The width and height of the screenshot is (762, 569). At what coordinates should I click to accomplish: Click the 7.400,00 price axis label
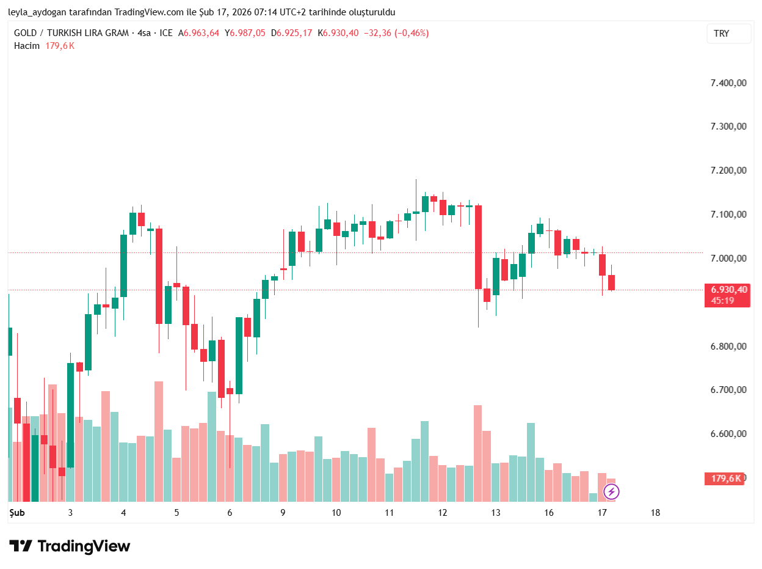tap(728, 83)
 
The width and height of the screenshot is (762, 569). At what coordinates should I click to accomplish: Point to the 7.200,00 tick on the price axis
tap(728, 171)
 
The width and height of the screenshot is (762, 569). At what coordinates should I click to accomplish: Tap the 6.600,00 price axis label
tap(728, 434)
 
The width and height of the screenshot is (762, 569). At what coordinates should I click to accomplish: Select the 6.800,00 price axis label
tap(728, 347)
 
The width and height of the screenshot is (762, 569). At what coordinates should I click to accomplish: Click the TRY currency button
tap(728, 34)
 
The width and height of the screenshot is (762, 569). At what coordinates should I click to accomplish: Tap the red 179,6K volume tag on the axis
tap(725, 479)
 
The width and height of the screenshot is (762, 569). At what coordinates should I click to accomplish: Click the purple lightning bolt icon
tap(611, 491)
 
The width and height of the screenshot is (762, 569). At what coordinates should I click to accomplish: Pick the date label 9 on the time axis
tap(283, 513)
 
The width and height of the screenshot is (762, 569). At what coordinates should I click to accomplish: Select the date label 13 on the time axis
tap(496, 513)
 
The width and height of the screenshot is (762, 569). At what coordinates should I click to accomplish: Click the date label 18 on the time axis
tap(655, 513)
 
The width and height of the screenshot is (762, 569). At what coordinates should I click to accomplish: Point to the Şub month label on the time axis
tap(16, 513)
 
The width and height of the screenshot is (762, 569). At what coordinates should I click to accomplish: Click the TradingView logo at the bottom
tap(70, 546)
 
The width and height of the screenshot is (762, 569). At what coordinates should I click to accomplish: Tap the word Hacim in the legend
tap(26, 46)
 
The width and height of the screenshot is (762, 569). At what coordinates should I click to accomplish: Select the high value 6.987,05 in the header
tap(247, 33)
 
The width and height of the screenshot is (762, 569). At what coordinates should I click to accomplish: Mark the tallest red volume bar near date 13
tap(477, 452)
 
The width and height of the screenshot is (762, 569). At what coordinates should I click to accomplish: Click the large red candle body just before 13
tap(478, 247)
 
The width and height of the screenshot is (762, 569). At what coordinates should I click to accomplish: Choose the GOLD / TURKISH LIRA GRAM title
tap(71, 33)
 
